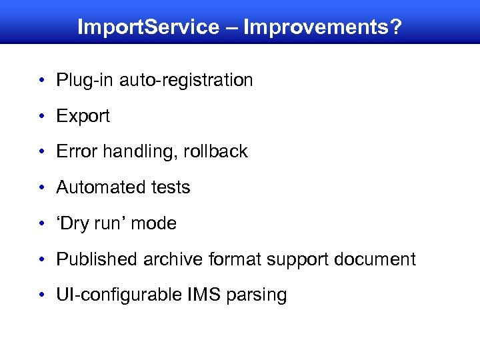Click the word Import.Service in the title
(148, 27)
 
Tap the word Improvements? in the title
(323, 27)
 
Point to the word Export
(83, 116)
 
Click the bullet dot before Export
(41, 117)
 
